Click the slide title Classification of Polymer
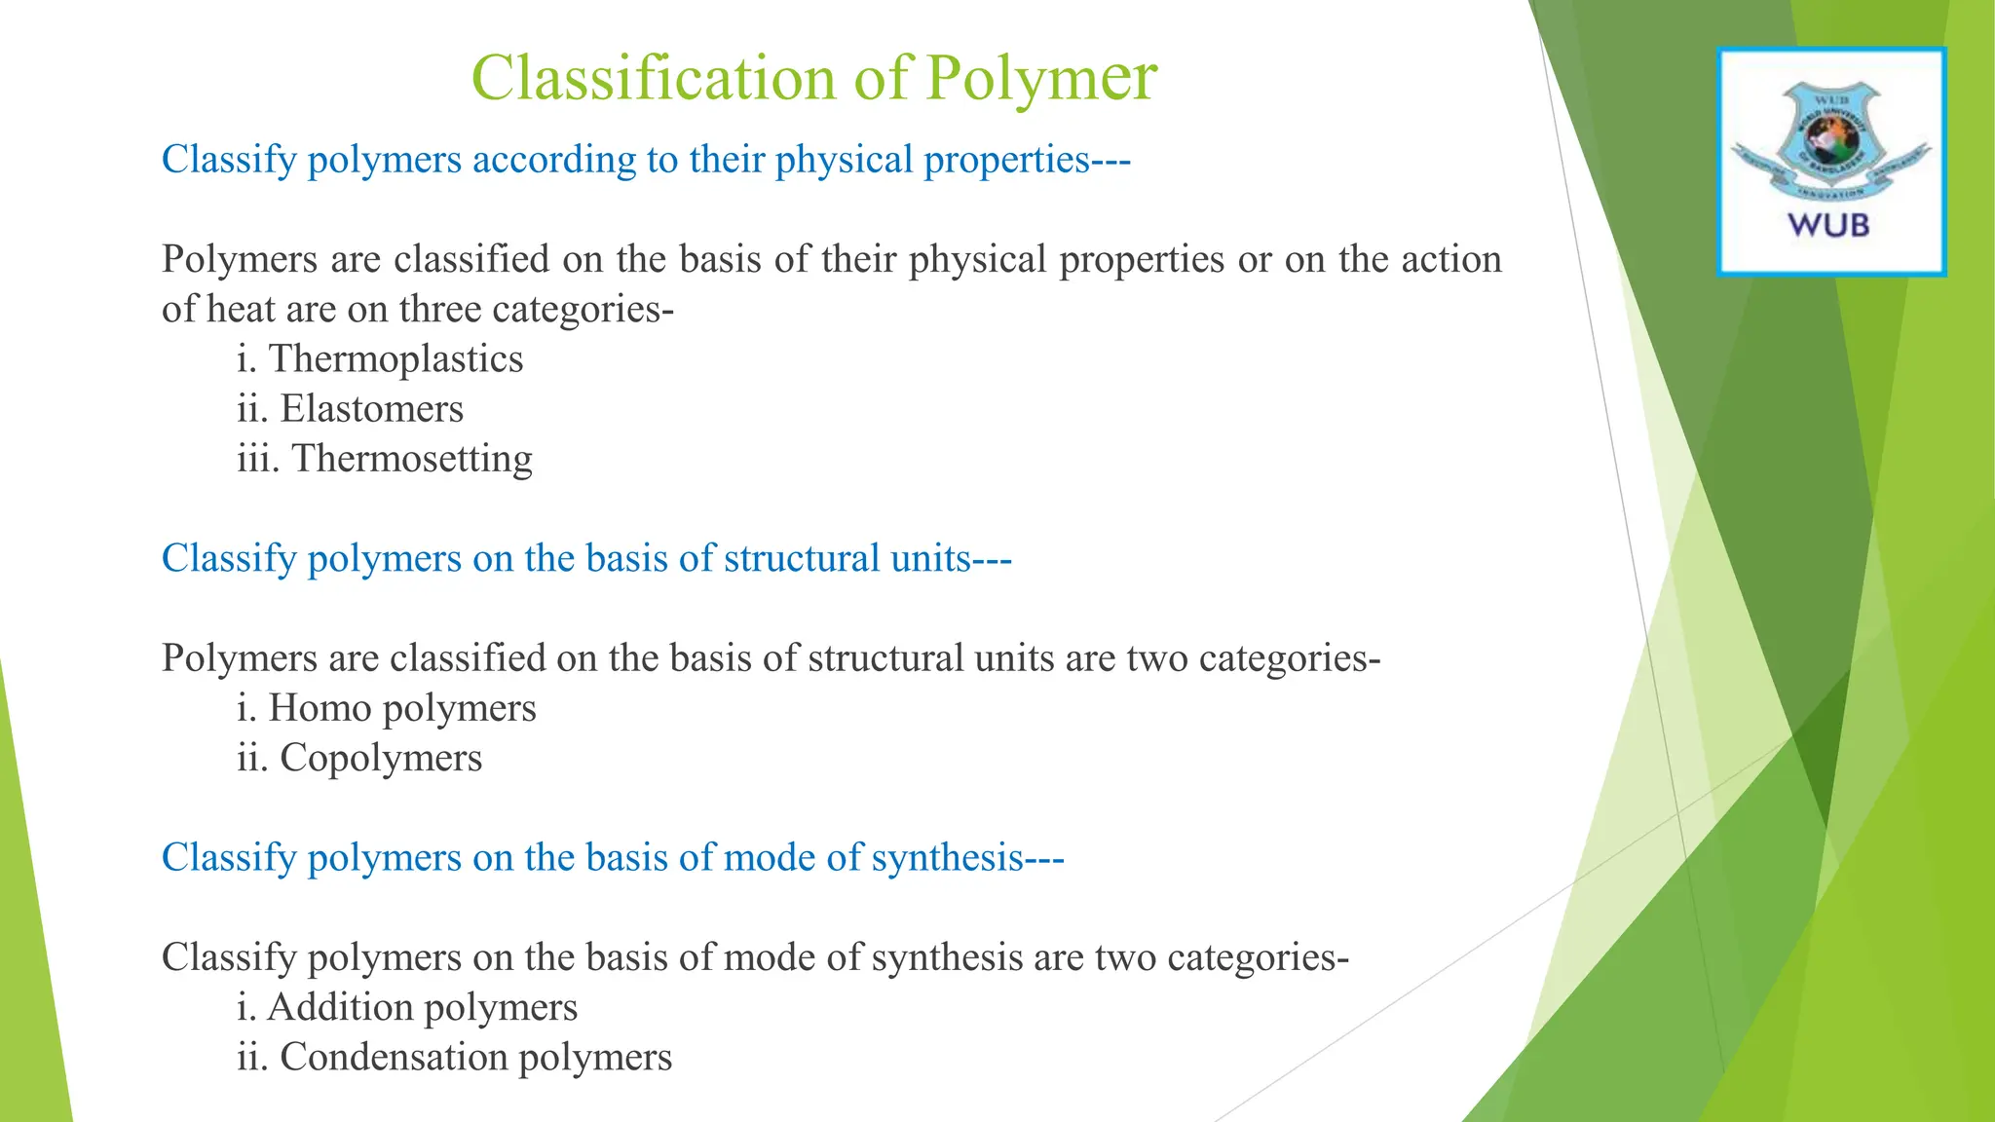click(x=813, y=78)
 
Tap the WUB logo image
click(x=1830, y=162)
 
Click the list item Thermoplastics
click(x=380, y=359)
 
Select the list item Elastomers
click(x=350, y=409)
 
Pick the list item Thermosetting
click(x=385, y=459)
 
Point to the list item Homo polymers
click(x=387, y=708)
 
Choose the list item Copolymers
click(x=359, y=758)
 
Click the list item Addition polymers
click(x=407, y=1007)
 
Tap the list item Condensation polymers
click(x=454, y=1057)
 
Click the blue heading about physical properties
click(x=646, y=160)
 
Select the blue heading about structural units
click(x=586, y=559)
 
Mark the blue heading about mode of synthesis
click(x=613, y=858)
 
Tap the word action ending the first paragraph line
click(x=1450, y=259)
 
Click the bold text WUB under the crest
click(x=1828, y=226)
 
